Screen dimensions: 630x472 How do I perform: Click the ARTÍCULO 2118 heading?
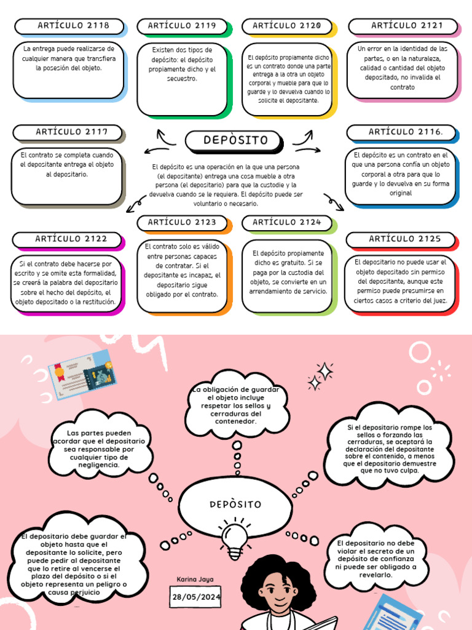click(73, 26)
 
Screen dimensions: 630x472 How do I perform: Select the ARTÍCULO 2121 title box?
click(406, 26)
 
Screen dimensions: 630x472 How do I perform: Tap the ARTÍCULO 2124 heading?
click(286, 222)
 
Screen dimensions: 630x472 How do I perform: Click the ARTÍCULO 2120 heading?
click(286, 26)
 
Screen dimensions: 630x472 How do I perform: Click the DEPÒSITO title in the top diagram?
click(235, 140)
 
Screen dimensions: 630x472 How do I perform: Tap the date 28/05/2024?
click(196, 597)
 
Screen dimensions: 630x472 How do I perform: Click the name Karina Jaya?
click(194, 580)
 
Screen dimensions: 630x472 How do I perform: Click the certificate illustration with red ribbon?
click(80, 375)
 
